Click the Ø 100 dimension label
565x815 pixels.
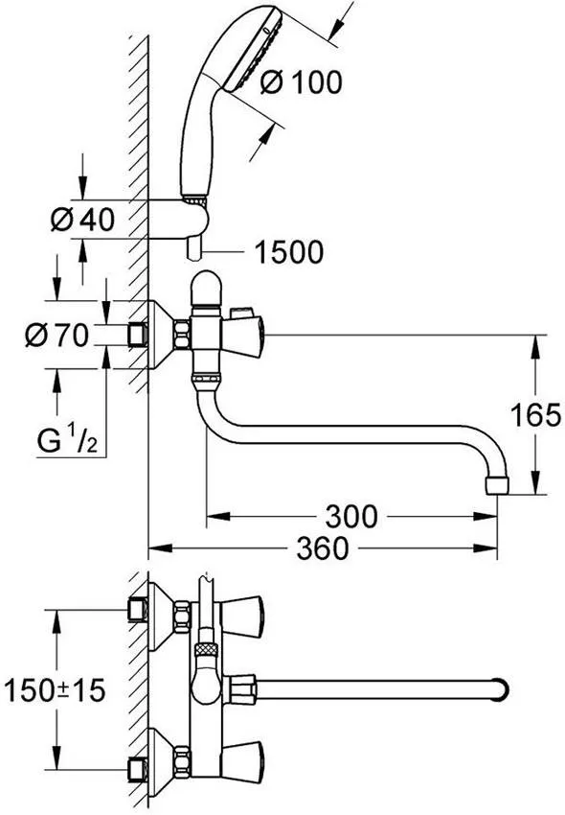(x=300, y=83)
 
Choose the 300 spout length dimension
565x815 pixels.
(x=350, y=517)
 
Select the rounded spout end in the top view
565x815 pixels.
(x=501, y=688)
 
